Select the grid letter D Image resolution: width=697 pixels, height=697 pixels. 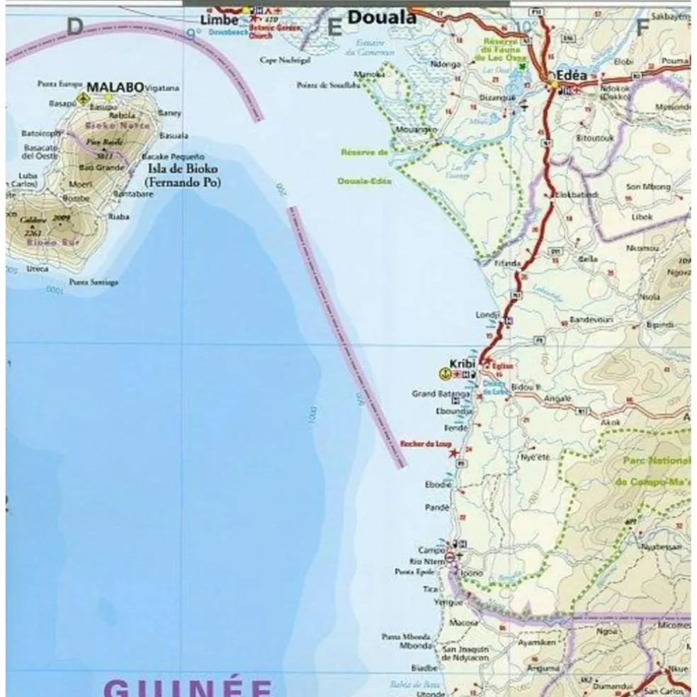coord(74,27)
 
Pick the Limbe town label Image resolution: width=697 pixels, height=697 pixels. coord(219,20)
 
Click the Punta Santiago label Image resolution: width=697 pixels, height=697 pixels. coord(93,282)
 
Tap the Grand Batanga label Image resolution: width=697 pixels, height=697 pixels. coord(441,393)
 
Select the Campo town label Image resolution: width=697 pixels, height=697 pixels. coord(431,550)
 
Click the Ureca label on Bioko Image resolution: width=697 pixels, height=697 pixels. coord(38,268)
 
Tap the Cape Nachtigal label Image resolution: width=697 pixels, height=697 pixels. coord(285,61)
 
